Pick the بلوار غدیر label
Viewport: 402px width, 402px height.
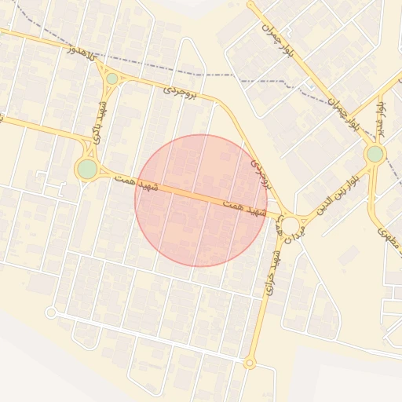tap(382, 115)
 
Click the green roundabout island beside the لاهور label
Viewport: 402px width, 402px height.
tap(111, 79)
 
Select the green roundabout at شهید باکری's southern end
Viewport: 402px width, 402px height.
tap(87, 169)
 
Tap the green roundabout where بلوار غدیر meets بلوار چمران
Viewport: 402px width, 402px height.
tap(375, 154)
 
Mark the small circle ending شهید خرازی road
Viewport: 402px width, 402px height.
tap(250, 363)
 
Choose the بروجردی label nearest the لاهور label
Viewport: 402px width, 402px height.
tap(189, 93)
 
